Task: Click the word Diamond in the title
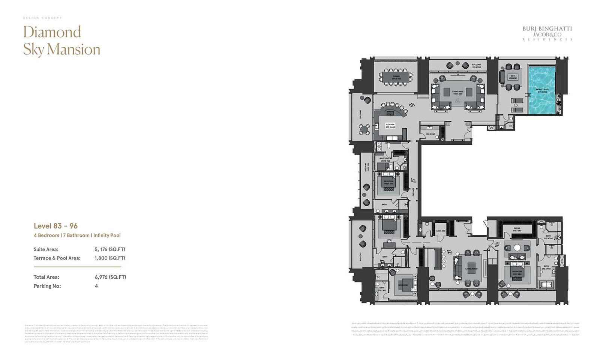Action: (x=52, y=32)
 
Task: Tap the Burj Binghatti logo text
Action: (x=547, y=29)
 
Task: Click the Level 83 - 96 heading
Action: (x=55, y=226)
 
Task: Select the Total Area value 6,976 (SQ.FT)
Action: (x=110, y=277)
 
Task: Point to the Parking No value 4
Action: (x=96, y=286)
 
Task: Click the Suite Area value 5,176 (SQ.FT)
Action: (x=110, y=249)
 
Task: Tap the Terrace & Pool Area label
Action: (x=57, y=258)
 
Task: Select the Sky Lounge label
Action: (x=513, y=77)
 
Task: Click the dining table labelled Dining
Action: (x=396, y=77)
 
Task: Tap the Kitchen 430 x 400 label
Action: (x=390, y=126)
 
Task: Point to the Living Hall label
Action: (x=457, y=92)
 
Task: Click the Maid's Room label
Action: (x=385, y=159)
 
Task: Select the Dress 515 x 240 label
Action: (x=517, y=229)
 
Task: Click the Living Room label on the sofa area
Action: (x=471, y=269)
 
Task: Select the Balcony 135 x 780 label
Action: (x=476, y=66)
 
